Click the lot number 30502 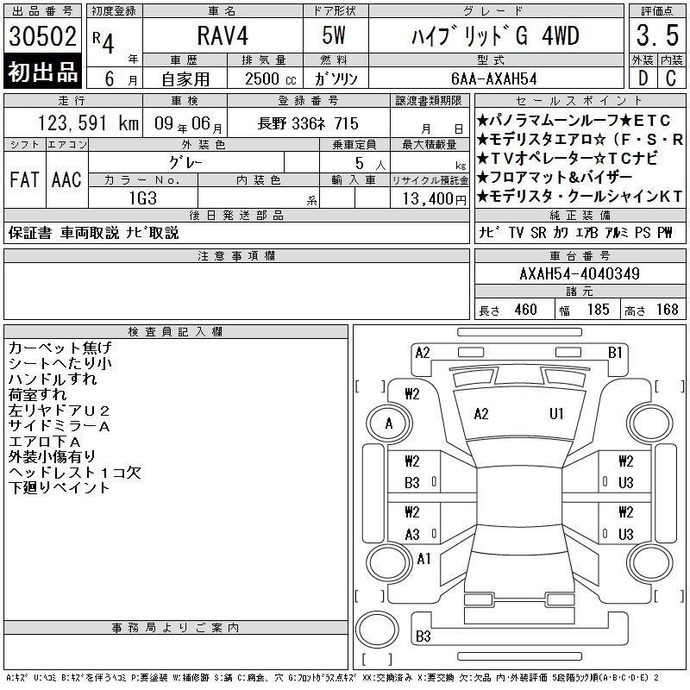pos(42,36)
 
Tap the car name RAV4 pos(223,35)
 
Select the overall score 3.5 pos(657,35)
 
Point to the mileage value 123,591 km pos(88,122)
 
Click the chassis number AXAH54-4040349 pos(580,273)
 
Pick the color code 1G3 pos(143,198)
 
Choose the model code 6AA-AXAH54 pos(494,78)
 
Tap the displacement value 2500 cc pos(271,78)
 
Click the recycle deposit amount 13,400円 pos(435,199)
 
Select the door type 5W pos(334,35)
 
